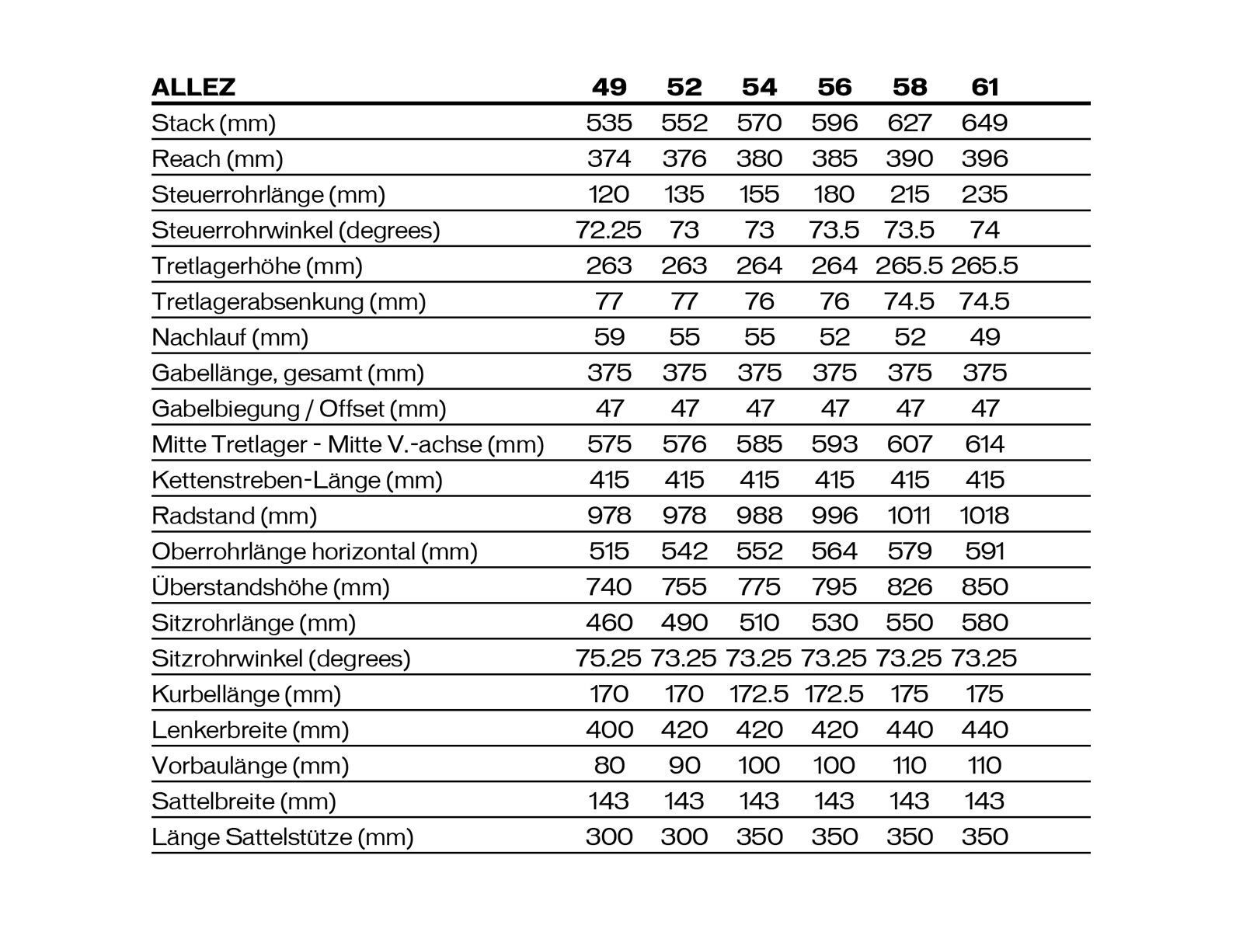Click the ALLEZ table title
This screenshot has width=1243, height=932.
coord(193,87)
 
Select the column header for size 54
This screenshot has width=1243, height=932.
coord(759,87)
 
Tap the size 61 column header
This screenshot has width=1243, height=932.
coord(984,87)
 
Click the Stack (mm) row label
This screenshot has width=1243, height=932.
coord(214,123)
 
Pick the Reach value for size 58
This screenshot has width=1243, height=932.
coord(909,158)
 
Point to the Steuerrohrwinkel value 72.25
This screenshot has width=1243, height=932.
coord(608,230)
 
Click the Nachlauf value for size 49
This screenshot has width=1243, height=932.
coord(608,337)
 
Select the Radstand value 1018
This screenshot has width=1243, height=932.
coord(984,516)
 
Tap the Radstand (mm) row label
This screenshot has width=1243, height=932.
coord(235,516)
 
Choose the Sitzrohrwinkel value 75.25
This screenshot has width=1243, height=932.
coord(608,659)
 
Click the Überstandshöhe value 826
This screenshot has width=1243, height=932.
coord(909,587)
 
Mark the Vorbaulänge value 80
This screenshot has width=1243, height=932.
coord(608,766)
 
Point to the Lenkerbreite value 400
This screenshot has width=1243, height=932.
coord(608,730)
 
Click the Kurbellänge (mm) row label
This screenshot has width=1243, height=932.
coord(246,694)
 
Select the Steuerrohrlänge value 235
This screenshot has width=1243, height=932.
coord(984,194)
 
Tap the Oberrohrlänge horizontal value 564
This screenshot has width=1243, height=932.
coord(834,551)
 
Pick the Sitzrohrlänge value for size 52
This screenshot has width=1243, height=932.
coord(684,623)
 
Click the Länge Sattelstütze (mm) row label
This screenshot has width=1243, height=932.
coord(283,837)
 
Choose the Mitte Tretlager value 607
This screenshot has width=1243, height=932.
coord(909,444)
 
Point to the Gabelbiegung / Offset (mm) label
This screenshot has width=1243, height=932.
coord(299,409)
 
